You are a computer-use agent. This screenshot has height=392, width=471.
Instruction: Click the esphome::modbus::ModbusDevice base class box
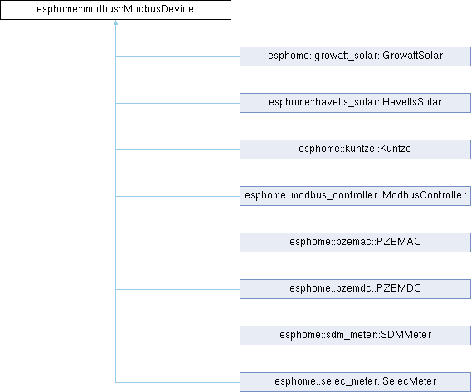pos(115,10)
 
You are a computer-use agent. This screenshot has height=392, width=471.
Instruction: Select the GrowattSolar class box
pos(355,56)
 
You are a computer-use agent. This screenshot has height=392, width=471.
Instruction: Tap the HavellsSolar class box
pos(355,103)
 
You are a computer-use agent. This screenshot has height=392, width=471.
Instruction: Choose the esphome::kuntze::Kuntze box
pos(355,149)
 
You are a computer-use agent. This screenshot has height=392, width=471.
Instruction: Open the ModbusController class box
pos(355,196)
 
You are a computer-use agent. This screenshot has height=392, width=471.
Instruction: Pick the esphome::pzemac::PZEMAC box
pos(355,243)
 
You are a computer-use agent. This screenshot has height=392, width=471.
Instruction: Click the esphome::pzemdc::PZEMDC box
pos(355,289)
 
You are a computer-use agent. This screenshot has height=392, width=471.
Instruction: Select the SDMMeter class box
pos(355,336)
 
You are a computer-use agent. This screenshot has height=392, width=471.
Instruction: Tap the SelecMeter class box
pos(355,382)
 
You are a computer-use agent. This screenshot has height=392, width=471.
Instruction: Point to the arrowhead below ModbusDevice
pos(115,22)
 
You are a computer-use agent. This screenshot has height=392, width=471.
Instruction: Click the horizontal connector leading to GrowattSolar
pos(177,56)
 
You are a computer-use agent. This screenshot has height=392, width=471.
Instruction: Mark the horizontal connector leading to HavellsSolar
pos(177,103)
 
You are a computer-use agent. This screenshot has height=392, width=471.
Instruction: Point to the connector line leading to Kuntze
pos(177,149)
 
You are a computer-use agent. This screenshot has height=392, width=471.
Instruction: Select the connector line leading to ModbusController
pos(177,196)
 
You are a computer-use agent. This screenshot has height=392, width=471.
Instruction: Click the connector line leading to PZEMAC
pos(177,243)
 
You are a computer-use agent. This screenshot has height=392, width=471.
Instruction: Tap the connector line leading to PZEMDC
pos(177,289)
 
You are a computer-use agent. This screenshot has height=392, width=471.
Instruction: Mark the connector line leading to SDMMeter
pos(177,336)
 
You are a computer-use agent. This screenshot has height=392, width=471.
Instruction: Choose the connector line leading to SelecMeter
pos(177,382)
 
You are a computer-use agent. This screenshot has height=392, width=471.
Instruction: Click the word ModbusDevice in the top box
pos(158,9)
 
